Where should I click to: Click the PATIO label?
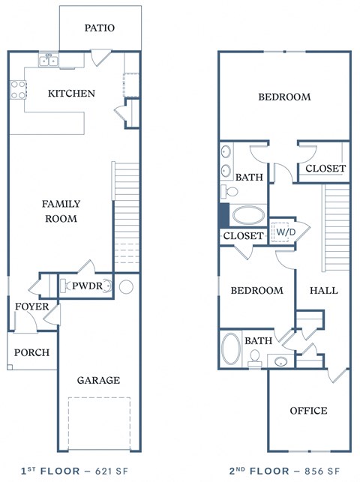100,28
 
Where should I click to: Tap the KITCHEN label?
71,94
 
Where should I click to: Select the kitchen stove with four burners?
17,90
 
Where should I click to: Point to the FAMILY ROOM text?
61,211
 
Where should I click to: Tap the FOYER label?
31,307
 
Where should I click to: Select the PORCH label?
32,352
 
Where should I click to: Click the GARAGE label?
98,380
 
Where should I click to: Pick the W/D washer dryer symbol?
284,232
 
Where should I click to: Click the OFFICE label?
308,410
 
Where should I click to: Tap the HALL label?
323,290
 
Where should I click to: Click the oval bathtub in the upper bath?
248,216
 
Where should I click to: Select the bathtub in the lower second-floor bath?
231,350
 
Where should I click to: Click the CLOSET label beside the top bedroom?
325,169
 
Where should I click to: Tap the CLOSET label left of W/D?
244,236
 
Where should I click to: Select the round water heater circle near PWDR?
125,286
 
